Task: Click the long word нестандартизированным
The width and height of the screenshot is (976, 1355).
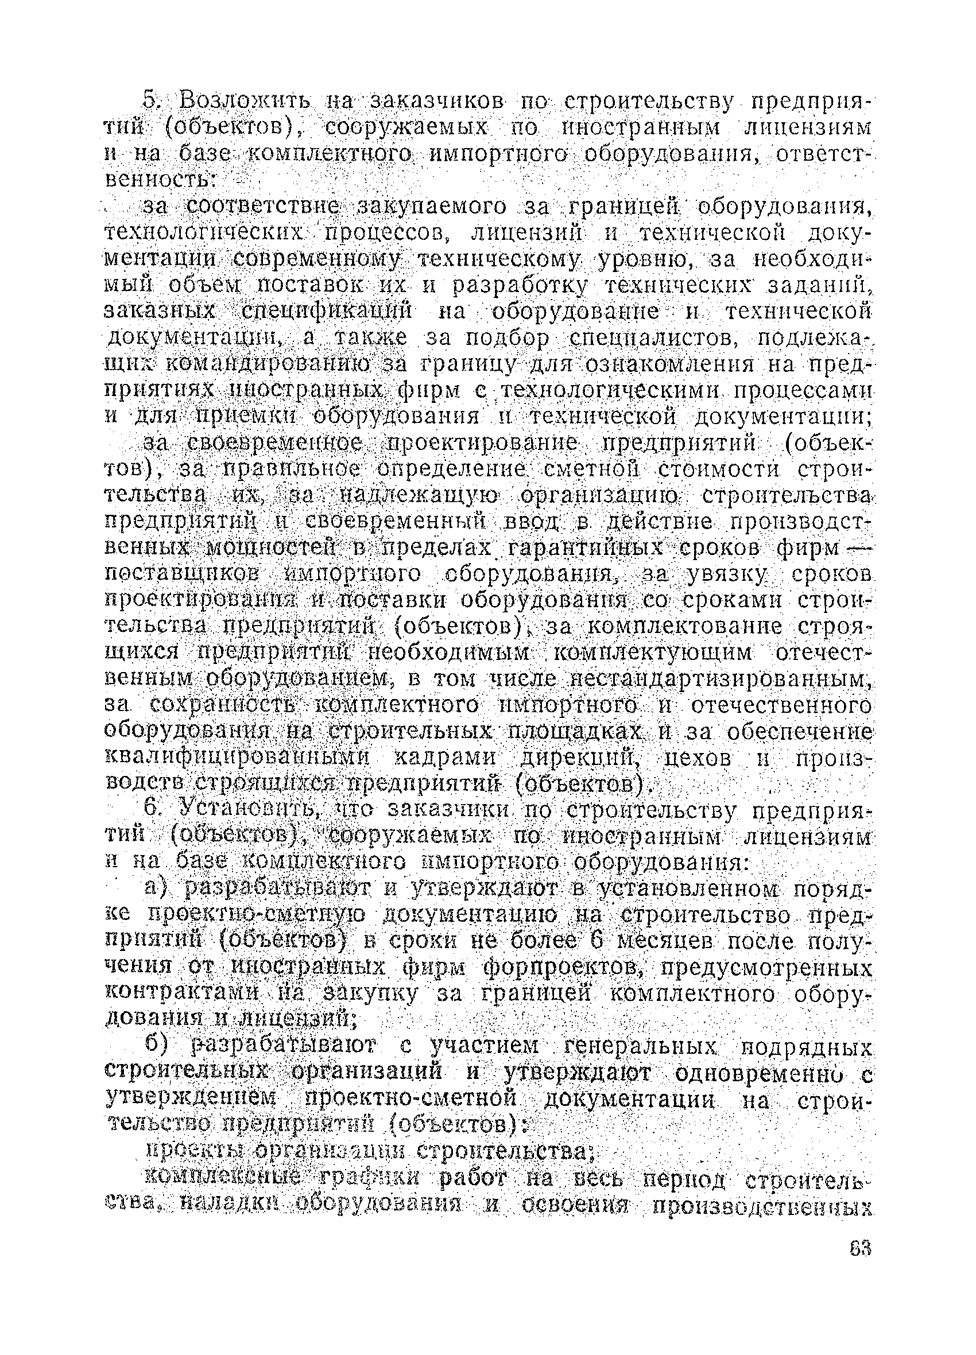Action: [x=717, y=679]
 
